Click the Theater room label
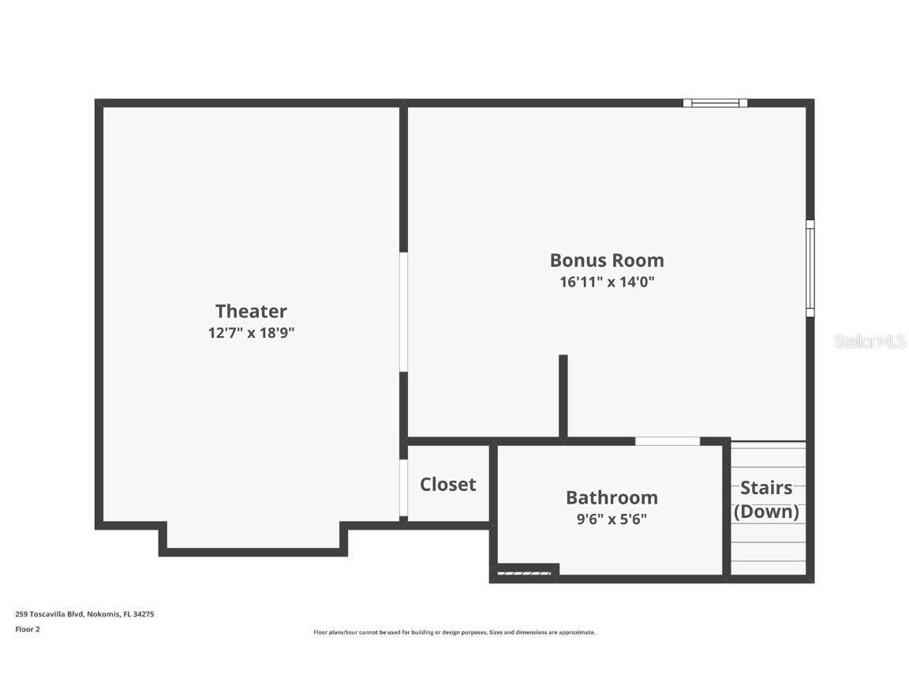[251, 311]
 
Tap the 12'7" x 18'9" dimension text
[251, 333]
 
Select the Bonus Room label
[607, 260]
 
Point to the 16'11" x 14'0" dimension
[607, 282]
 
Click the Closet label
[447, 485]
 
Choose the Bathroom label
[612, 497]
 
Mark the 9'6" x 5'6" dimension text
[612, 519]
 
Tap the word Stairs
[765, 488]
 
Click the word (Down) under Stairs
[766, 511]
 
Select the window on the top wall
[715, 103]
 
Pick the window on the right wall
[810, 268]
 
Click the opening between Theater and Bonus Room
[403, 312]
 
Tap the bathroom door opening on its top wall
[668, 441]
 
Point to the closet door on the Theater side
[403, 487]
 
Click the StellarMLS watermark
[870, 342]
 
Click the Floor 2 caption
[27, 629]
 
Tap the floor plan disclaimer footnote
[454, 632]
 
